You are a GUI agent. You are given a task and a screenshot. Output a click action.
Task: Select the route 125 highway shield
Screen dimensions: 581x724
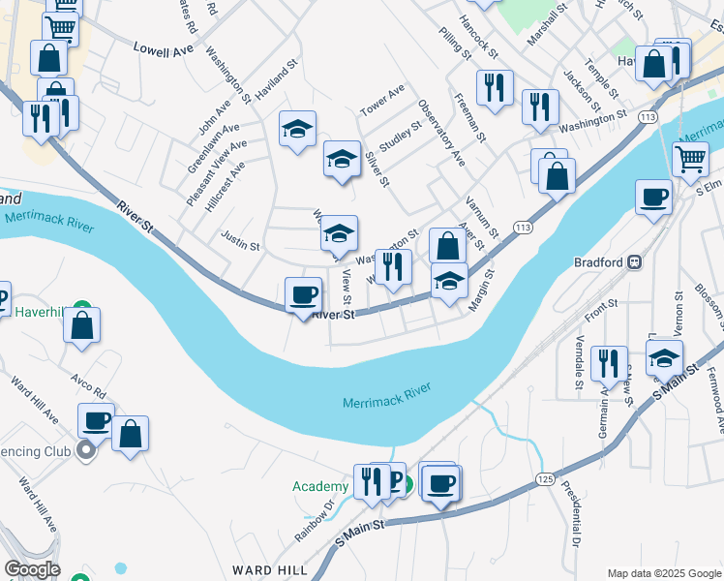point(543,480)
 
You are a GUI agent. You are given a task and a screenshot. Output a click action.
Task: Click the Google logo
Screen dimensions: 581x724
point(31,569)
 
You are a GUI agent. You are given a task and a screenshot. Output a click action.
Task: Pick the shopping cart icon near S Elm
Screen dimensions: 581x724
point(690,158)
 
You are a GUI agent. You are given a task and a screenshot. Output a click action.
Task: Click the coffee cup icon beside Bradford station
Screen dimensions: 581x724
point(654,197)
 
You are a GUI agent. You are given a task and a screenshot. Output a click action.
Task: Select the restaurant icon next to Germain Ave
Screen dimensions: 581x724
point(607,364)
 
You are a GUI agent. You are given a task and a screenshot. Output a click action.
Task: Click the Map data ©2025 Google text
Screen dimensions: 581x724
point(662,573)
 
